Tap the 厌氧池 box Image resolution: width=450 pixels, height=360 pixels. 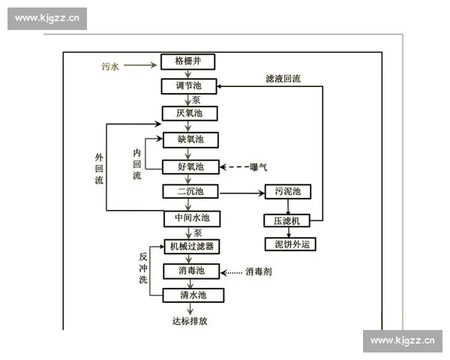(x=190, y=114)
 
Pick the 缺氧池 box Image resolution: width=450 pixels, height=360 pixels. (x=190, y=139)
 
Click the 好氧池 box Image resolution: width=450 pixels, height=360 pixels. (x=190, y=166)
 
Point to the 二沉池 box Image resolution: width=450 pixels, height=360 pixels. (x=190, y=192)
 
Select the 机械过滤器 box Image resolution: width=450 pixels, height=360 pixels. (x=193, y=246)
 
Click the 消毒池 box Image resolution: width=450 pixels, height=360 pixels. (x=193, y=271)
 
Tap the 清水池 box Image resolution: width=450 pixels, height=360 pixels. (x=193, y=295)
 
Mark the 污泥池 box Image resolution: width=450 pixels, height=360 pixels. (x=287, y=192)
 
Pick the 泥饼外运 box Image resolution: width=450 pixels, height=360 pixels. (x=286, y=244)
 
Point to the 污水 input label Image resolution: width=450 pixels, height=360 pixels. (x=110, y=66)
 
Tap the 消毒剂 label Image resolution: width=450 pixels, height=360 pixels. (x=258, y=271)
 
